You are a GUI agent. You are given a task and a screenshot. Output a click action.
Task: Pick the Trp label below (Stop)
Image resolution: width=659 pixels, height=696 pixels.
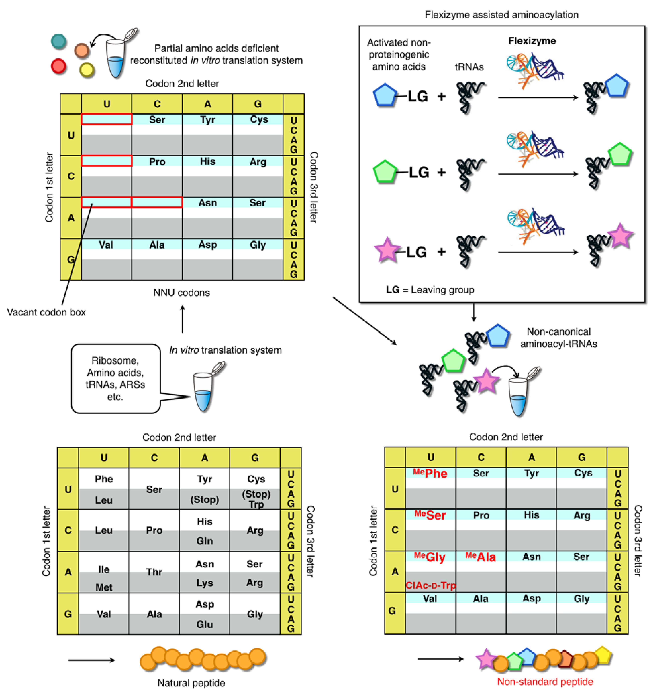tap(256, 504)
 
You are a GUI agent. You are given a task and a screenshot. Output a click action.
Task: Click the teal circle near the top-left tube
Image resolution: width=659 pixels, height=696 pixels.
tap(59, 41)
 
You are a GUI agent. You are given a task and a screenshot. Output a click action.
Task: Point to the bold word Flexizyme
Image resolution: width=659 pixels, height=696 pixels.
tap(532, 41)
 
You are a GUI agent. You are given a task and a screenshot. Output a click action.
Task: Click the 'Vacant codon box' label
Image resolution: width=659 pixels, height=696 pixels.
tap(46, 312)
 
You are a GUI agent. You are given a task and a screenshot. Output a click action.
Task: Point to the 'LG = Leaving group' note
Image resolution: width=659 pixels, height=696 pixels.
tap(430, 290)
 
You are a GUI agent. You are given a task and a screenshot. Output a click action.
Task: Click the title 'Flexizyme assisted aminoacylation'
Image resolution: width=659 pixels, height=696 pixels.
tap(501, 15)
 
